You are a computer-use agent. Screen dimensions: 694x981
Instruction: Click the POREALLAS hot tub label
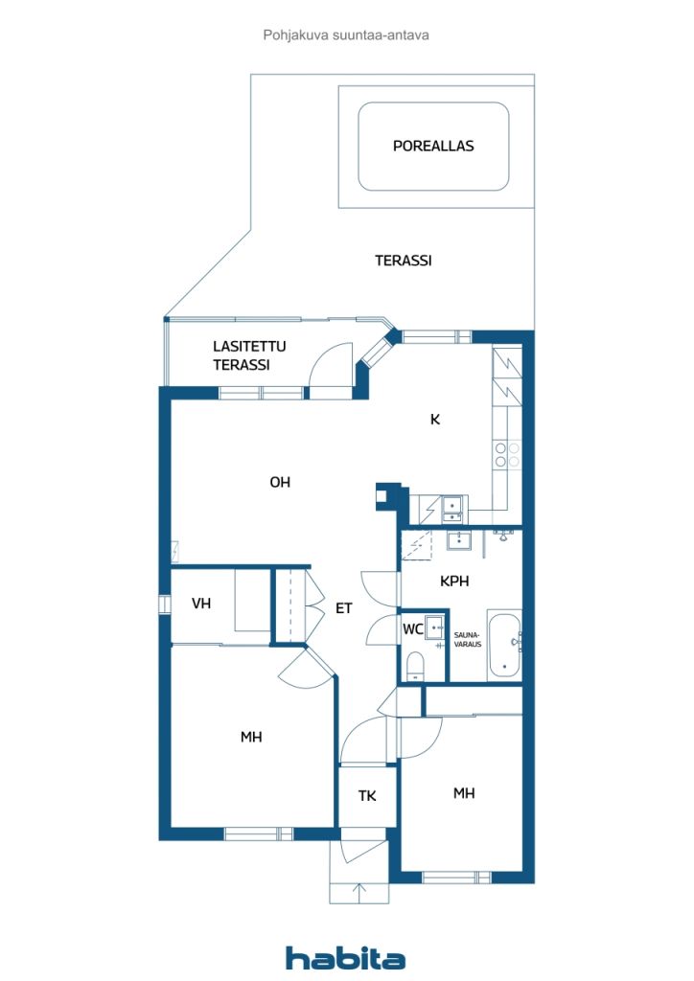(x=433, y=146)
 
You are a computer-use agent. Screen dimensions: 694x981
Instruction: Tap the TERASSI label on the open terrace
(x=403, y=261)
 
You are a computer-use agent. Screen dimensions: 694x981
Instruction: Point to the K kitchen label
(x=435, y=420)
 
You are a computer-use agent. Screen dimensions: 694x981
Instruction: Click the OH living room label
(x=280, y=482)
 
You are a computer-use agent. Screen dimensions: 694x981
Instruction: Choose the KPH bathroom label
(x=454, y=582)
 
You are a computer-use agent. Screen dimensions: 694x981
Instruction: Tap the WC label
(x=413, y=628)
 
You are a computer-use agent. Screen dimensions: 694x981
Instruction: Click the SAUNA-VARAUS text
(x=468, y=639)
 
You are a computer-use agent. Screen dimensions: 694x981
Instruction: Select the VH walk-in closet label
(x=201, y=604)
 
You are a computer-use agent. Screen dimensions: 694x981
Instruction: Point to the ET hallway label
(x=343, y=608)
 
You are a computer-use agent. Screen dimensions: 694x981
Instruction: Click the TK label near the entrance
(x=367, y=796)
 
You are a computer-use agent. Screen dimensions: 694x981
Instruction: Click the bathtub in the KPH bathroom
(x=504, y=645)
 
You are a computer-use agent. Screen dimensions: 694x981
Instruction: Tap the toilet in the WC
(x=415, y=667)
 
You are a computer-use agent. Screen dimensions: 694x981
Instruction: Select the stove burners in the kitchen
(x=507, y=455)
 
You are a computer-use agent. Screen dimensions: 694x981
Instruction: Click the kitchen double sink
(x=452, y=509)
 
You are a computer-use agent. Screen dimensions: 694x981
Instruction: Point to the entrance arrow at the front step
(x=359, y=893)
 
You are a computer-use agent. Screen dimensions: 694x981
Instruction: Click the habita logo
(x=345, y=958)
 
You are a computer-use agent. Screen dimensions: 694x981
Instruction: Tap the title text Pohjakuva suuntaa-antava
(x=346, y=35)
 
